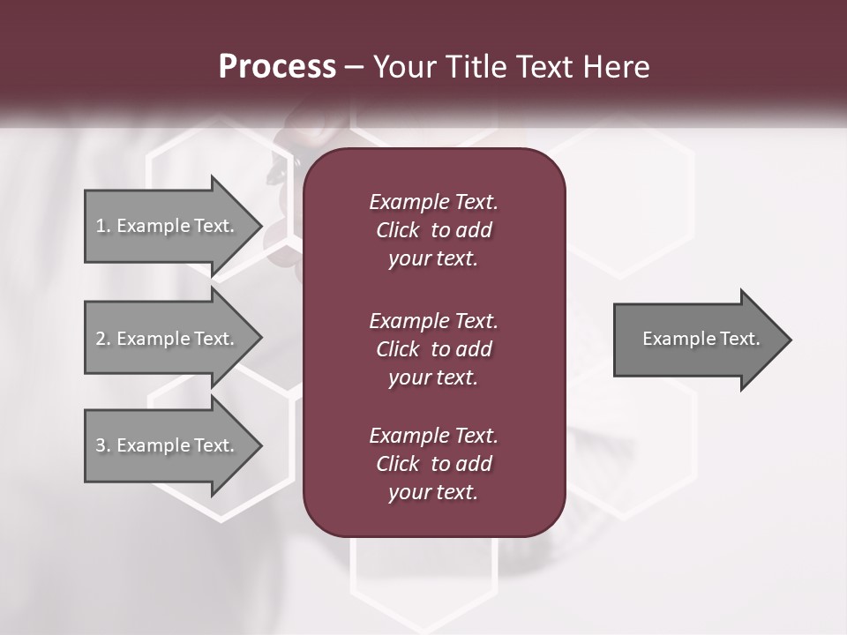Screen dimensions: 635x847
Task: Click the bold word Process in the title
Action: (x=277, y=67)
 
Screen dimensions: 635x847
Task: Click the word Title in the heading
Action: (x=478, y=67)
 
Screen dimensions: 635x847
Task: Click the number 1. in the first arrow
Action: (x=103, y=226)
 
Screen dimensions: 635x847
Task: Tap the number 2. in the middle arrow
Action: (x=103, y=339)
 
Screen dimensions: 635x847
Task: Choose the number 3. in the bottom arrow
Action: (x=103, y=445)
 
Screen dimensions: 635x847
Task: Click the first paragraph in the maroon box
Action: (x=433, y=230)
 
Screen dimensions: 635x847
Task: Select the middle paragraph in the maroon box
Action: (x=433, y=348)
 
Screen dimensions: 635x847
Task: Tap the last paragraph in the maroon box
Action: (x=433, y=464)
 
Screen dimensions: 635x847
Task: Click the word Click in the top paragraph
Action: (x=397, y=230)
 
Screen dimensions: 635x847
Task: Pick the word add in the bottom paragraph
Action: (x=474, y=464)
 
